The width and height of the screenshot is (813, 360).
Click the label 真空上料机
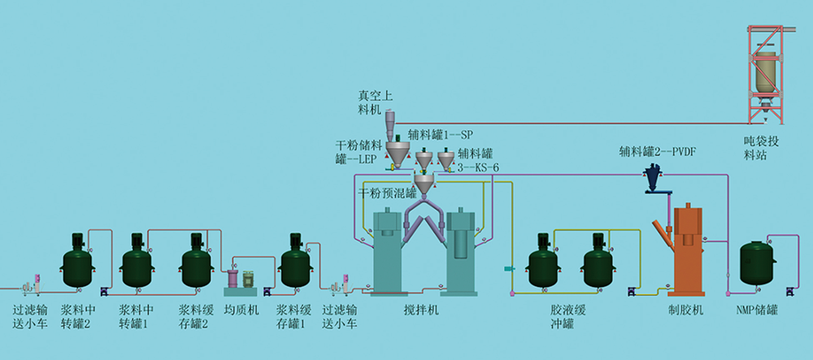(370, 102)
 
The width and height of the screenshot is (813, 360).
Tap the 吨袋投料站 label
(761, 148)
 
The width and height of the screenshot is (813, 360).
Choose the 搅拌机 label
(421, 310)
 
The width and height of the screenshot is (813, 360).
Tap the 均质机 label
(241, 310)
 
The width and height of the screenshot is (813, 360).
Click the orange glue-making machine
(685, 251)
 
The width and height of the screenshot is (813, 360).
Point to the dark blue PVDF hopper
(652, 179)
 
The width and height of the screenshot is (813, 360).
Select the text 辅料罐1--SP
(440, 135)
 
